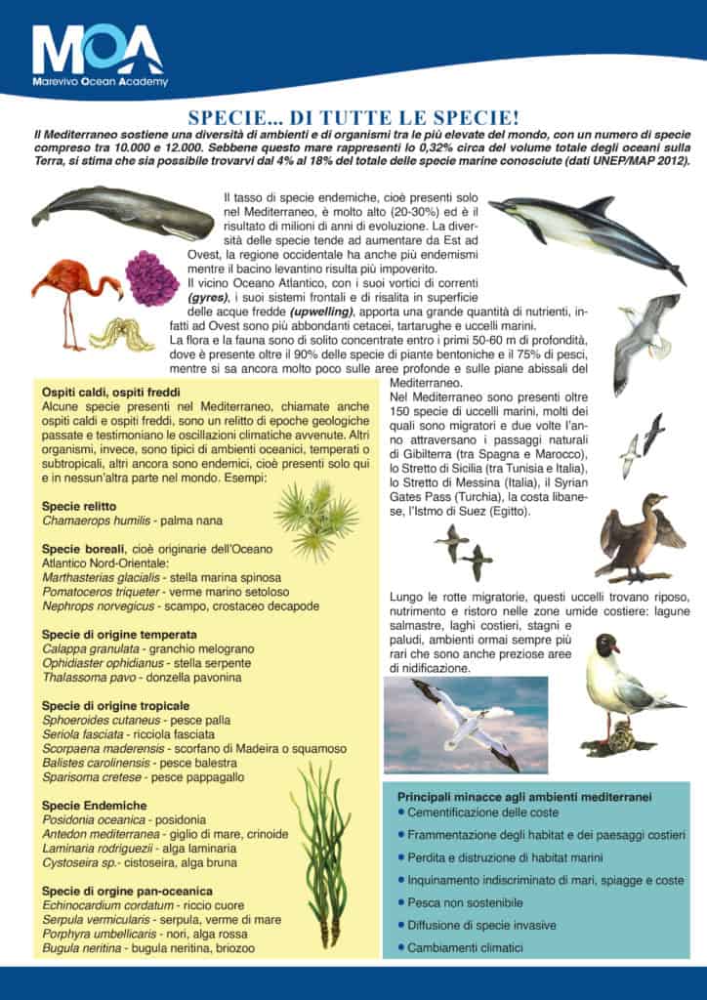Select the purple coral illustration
pyautogui.click(x=152, y=278)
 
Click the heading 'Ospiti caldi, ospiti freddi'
pyautogui.click(x=121, y=392)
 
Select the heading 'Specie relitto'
pyautogui.click(x=79, y=507)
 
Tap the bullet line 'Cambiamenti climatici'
pyautogui.click(x=465, y=947)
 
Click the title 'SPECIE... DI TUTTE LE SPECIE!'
pyautogui.click(x=353, y=114)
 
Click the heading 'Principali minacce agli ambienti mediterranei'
pyautogui.click(x=525, y=797)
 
